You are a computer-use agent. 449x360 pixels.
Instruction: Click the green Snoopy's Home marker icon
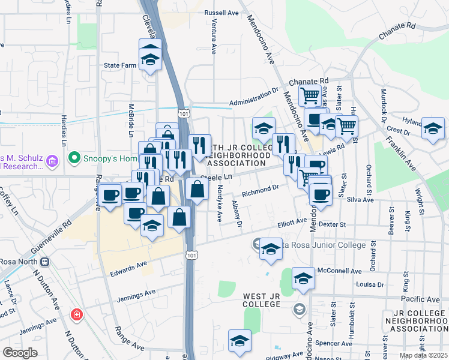click(x=74, y=158)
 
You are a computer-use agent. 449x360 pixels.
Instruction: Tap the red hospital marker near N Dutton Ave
click(x=76, y=314)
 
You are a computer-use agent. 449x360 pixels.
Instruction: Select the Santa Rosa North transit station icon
click(x=44, y=262)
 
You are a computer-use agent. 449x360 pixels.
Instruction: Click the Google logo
click(x=19, y=353)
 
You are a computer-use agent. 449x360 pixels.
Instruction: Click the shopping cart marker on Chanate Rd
click(x=310, y=95)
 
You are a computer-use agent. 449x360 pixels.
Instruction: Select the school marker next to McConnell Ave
click(x=303, y=279)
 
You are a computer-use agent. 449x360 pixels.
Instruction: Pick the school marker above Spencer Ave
click(x=240, y=340)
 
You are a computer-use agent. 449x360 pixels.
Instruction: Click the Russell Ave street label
click(x=221, y=13)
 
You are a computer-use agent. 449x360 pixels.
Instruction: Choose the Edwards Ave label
click(x=128, y=269)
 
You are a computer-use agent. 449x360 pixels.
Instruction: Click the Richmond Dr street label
click(x=261, y=191)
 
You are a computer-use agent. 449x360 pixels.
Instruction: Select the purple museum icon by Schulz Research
click(x=52, y=161)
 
